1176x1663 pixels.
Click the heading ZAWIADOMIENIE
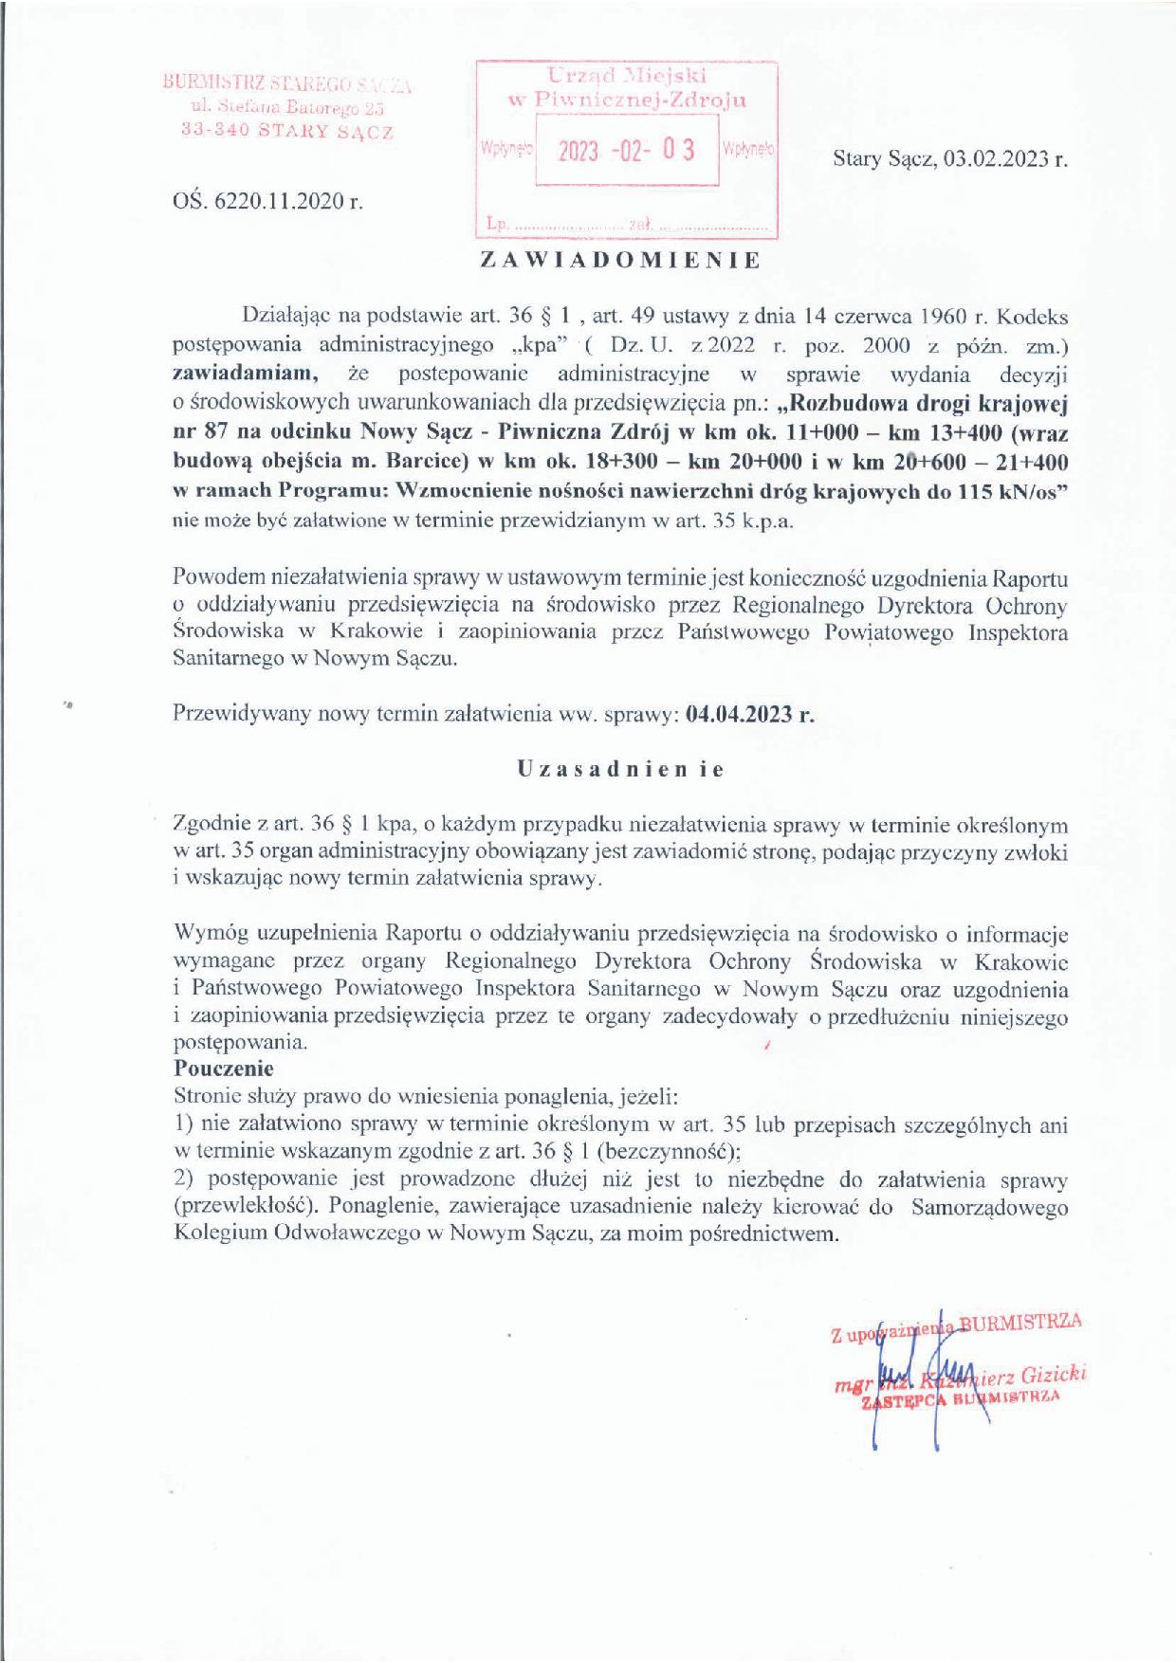(x=620, y=262)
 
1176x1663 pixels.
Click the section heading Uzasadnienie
(x=620, y=769)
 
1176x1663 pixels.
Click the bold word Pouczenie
(x=224, y=1068)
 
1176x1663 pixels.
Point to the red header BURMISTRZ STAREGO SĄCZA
(x=287, y=84)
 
